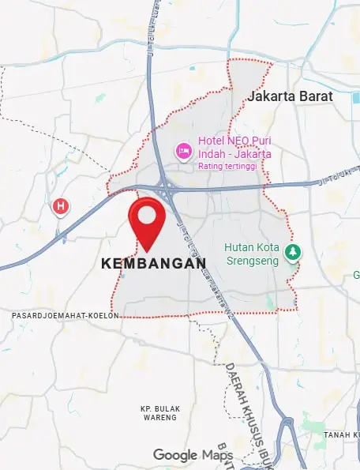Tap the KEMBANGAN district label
154,265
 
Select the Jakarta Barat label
290,96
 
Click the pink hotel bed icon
183,149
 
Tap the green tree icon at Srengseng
294,253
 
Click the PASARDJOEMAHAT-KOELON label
65,315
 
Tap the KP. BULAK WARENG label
160,412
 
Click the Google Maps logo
192,455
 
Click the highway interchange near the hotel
167,190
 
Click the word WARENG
160,417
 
